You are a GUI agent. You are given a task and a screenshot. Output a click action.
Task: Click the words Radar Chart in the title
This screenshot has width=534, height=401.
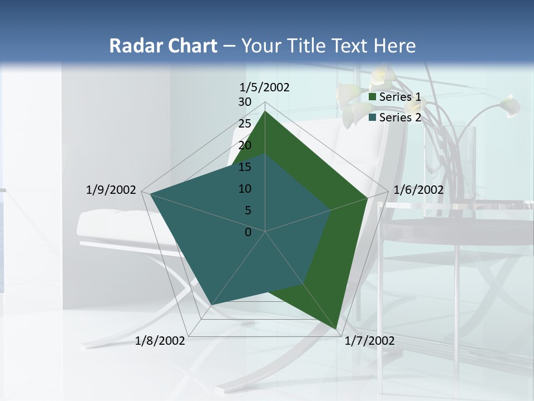click(163, 46)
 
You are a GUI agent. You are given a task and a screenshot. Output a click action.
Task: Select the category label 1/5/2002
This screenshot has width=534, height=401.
click(265, 87)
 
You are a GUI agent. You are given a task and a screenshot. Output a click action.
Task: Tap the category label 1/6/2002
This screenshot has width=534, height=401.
click(418, 190)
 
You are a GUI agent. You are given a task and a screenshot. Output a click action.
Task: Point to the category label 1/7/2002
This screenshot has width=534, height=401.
click(369, 341)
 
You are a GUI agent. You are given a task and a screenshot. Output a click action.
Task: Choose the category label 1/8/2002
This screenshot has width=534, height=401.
click(160, 341)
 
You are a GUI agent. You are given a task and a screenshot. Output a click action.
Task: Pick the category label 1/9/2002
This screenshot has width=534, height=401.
click(111, 190)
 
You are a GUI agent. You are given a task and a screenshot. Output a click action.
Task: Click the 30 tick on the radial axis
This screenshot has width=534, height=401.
click(245, 102)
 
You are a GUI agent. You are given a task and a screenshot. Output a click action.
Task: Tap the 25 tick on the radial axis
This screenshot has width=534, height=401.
click(245, 124)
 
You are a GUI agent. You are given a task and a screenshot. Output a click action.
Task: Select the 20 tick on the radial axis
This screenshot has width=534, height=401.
click(245, 145)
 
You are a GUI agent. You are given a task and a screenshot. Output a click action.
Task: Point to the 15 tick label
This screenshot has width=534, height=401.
click(245, 167)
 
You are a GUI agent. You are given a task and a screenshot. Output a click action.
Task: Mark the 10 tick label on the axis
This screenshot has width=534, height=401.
click(245, 189)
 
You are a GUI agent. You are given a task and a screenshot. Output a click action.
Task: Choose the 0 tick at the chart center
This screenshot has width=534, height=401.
click(248, 232)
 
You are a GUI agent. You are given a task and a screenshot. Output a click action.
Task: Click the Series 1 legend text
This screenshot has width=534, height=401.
click(400, 97)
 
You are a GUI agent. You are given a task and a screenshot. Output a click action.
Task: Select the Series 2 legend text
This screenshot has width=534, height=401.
click(400, 118)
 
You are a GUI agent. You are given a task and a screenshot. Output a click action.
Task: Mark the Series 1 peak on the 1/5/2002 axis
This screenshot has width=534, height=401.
click(265, 111)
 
